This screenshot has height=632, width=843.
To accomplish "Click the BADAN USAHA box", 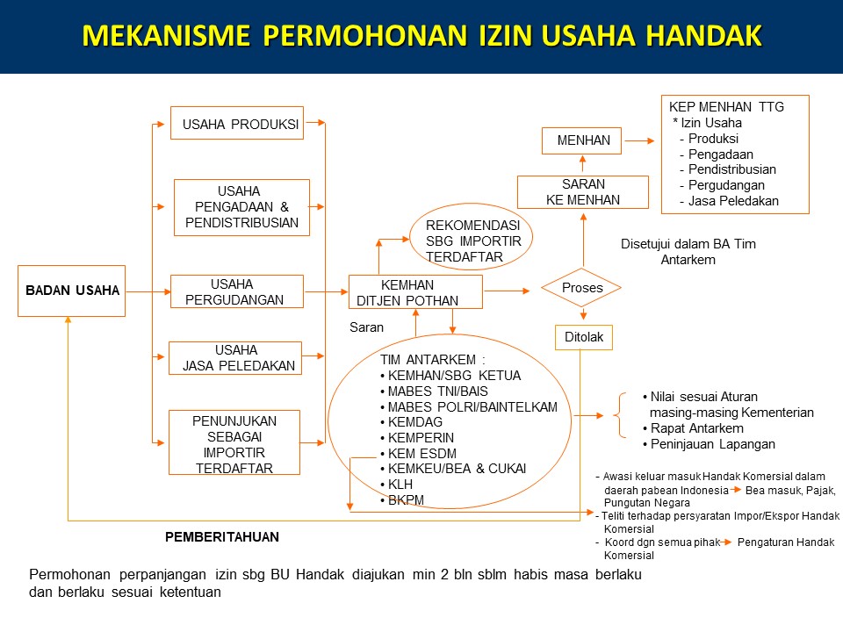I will [72, 291].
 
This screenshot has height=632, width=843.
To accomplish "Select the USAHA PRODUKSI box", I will [238, 124].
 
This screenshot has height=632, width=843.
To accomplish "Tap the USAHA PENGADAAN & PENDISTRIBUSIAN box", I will [241, 207].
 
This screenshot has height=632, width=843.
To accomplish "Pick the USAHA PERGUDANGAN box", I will [236, 291].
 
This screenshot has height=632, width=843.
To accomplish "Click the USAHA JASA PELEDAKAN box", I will [234, 357].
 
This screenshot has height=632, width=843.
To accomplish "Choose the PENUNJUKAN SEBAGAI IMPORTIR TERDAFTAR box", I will [234, 442].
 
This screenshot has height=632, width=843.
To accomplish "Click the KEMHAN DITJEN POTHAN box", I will [415, 291].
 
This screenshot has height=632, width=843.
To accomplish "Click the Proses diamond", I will [581, 288].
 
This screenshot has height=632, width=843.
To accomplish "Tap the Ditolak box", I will [584, 336].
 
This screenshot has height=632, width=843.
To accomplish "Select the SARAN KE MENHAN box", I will [583, 192].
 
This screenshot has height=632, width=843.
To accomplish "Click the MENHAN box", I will [583, 140].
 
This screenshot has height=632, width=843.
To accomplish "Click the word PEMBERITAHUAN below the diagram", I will [222, 535].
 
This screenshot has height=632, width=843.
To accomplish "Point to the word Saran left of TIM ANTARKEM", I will [366, 327].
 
